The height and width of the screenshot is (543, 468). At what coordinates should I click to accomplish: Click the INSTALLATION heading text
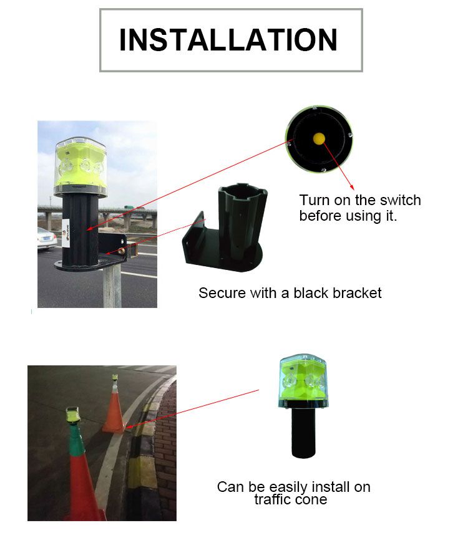tap(228, 40)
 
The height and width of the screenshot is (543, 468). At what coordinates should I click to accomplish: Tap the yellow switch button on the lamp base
tap(319, 138)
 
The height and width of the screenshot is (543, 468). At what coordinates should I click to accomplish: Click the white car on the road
tap(47, 238)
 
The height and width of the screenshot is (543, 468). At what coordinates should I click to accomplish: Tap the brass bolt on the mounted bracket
tap(122, 250)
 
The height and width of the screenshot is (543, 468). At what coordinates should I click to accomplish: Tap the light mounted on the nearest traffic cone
tap(73, 415)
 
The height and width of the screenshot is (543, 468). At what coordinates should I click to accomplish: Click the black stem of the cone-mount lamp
tap(304, 433)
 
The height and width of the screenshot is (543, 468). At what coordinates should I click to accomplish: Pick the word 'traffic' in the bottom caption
tap(273, 500)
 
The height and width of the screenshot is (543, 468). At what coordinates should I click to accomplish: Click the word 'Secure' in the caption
tap(222, 293)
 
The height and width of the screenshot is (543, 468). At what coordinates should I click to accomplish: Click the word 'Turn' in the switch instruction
tap(313, 200)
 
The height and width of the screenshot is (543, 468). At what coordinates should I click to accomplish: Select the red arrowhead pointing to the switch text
tap(352, 188)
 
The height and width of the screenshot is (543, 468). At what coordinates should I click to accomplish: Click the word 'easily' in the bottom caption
tap(288, 488)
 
